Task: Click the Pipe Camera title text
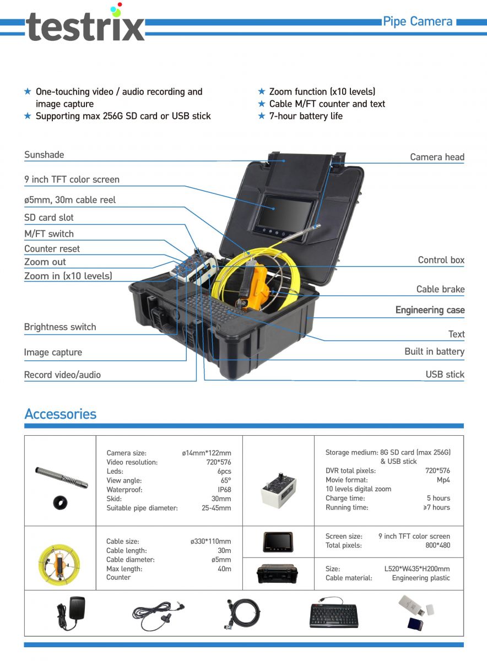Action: pyautogui.click(x=418, y=21)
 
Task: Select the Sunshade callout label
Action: pyautogui.click(x=44, y=155)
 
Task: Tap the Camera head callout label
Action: pyautogui.click(x=437, y=157)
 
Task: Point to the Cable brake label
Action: pyautogui.click(x=440, y=289)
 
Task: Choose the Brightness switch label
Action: pyautogui.click(x=60, y=327)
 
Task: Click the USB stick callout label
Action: pyautogui.click(x=445, y=375)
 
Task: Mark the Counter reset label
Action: pyautogui.click(x=52, y=249)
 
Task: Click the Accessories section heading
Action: pyautogui.click(x=61, y=414)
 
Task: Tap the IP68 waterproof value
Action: pyautogui.click(x=224, y=490)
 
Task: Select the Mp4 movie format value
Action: pyautogui.click(x=443, y=480)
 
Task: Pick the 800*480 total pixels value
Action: pyautogui.click(x=438, y=545)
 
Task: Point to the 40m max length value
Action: pyautogui.click(x=224, y=568)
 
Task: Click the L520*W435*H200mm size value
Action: pyautogui.click(x=417, y=568)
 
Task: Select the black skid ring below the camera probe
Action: pyautogui.click(x=60, y=502)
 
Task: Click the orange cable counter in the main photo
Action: pyautogui.click(x=255, y=286)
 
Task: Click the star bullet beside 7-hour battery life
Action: pyautogui.click(x=262, y=116)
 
